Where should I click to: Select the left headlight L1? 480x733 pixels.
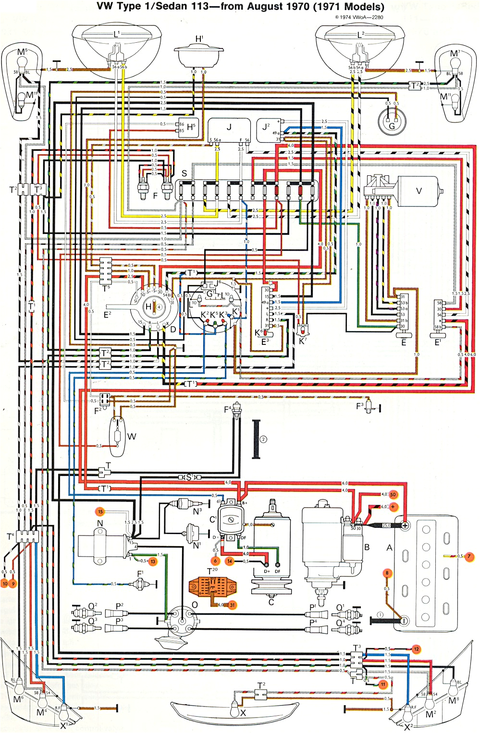point(115,46)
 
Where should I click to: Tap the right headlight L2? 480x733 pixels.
point(359,46)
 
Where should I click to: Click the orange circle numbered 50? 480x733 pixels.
point(394,494)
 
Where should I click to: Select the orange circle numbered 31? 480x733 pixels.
point(232,605)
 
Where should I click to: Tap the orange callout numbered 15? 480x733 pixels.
point(100,512)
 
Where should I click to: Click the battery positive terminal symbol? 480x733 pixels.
point(405,525)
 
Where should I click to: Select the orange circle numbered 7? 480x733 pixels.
point(469,557)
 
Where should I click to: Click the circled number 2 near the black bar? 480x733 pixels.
point(263,439)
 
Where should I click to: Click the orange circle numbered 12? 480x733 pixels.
point(416,649)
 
